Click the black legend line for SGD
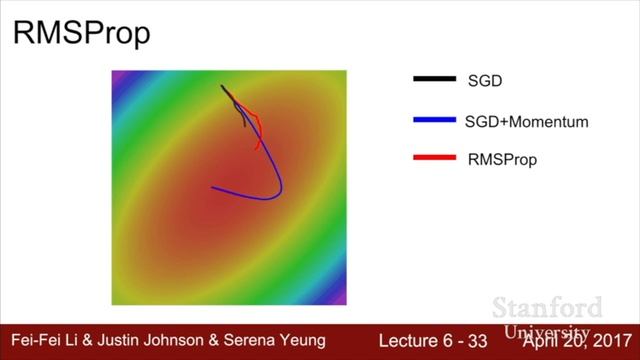click(433, 79)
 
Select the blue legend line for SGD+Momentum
click(433, 121)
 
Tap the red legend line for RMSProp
click(433, 158)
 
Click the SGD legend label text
click(485, 79)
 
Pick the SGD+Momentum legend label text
click(526, 121)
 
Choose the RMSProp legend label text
click(502, 158)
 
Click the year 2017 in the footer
click(608, 340)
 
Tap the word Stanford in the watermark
click(549, 307)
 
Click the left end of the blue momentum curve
click(213, 187)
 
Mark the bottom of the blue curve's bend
click(266, 198)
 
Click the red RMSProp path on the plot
click(258, 125)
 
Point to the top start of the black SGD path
click(223, 86)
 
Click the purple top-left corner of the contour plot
click(117, 76)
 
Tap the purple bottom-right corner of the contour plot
click(341, 298)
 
